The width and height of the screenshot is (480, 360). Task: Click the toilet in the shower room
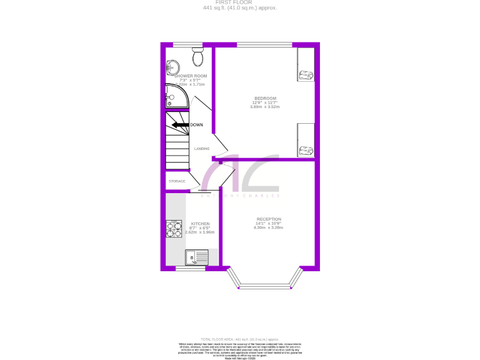pos(198,57)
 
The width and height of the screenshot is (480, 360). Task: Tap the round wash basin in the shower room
pos(172,68)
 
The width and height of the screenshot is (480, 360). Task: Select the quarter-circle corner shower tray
pos(175,97)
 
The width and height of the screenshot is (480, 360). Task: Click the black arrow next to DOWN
pos(180,125)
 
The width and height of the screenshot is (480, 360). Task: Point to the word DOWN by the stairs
pos(196,125)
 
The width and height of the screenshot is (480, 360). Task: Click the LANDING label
pos(202,149)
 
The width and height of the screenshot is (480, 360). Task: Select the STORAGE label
pos(177,181)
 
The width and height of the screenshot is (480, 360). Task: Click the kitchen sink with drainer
pos(196,257)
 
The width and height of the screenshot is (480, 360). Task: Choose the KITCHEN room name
pos(200,224)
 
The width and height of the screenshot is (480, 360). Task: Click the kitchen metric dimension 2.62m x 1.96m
pos(200,232)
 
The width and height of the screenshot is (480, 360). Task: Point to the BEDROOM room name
pos(265,98)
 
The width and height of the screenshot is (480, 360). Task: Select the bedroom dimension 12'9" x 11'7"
pos(265,102)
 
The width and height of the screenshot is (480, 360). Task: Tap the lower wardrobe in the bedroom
pos(305,140)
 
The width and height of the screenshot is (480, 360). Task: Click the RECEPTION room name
pos(269,219)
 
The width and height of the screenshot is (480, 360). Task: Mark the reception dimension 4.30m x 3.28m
pos(269,227)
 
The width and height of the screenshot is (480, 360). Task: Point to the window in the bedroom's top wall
pos(264,44)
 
